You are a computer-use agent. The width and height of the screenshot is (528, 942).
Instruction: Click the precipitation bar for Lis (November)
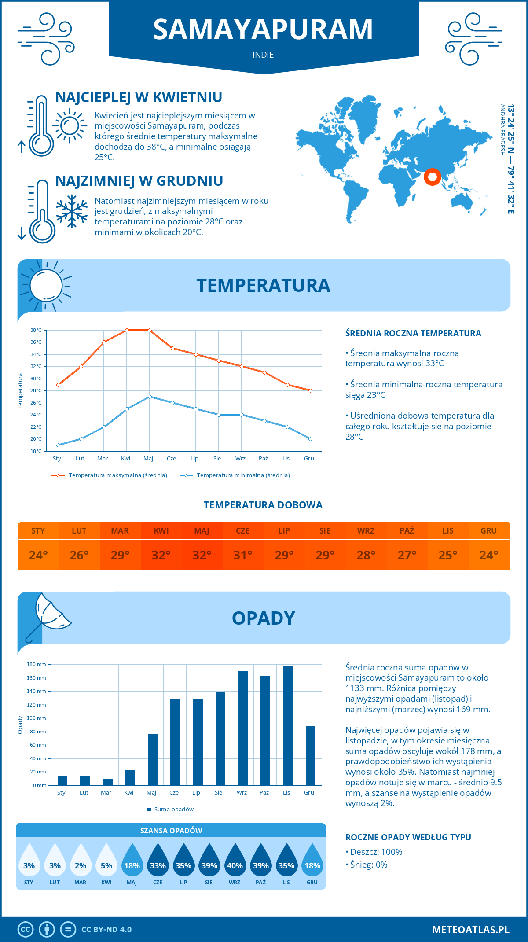click(x=288, y=725)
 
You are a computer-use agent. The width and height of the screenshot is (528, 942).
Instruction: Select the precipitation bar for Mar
click(x=107, y=782)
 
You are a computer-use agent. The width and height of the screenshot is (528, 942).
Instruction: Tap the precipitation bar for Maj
click(x=152, y=759)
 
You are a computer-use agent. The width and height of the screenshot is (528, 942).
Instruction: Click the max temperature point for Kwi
click(x=127, y=330)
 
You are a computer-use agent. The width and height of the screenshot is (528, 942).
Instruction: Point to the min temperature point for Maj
click(x=150, y=397)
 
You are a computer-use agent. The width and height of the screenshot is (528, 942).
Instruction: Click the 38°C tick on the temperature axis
click(x=36, y=330)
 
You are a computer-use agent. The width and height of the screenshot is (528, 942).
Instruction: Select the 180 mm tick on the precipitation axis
click(x=37, y=664)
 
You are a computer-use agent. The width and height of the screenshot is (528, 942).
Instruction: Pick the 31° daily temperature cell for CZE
click(x=242, y=555)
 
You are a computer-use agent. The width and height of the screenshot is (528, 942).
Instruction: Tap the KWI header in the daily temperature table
click(x=161, y=530)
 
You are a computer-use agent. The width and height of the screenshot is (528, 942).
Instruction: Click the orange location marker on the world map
click(x=432, y=177)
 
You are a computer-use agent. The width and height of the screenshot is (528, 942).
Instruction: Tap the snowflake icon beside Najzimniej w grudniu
click(x=72, y=211)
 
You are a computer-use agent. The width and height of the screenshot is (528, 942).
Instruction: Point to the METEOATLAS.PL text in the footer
click(x=470, y=930)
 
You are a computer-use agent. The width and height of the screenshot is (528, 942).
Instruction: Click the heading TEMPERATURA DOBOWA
click(x=263, y=505)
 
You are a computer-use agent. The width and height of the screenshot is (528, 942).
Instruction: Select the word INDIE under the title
click(x=263, y=55)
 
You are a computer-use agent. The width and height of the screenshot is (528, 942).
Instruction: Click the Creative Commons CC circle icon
click(x=26, y=930)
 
